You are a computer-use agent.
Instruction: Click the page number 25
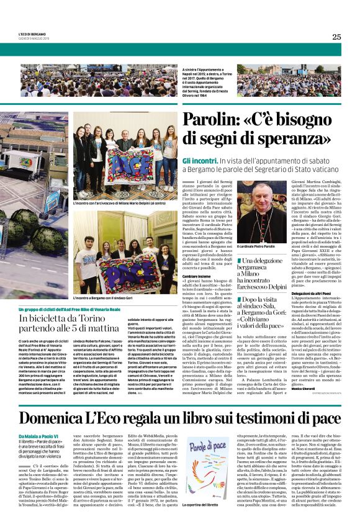click(336, 37)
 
